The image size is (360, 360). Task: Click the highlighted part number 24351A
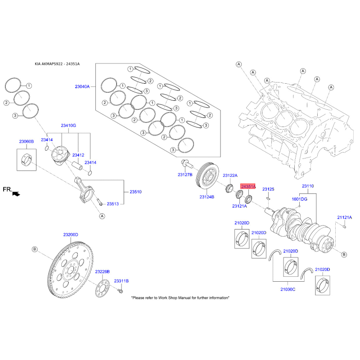point(248,186)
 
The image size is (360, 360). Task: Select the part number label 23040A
point(82,86)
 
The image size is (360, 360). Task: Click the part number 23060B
point(26,142)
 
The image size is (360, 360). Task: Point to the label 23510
point(135,192)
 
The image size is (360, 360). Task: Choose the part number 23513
point(112,204)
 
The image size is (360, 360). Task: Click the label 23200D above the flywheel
point(71,235)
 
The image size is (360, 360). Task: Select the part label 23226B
point(103,272)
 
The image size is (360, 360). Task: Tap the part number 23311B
point(121,281)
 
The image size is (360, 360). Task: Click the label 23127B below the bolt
point(185,174)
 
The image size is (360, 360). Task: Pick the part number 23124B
point(207,197)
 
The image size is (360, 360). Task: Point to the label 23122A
point(230,175)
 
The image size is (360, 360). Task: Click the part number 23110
point(308,186)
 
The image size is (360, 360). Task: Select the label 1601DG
point(299,198)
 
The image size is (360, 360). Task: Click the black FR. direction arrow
point(17,193)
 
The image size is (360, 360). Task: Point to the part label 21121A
point(344,217)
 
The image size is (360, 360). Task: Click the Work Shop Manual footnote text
point(180,298)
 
